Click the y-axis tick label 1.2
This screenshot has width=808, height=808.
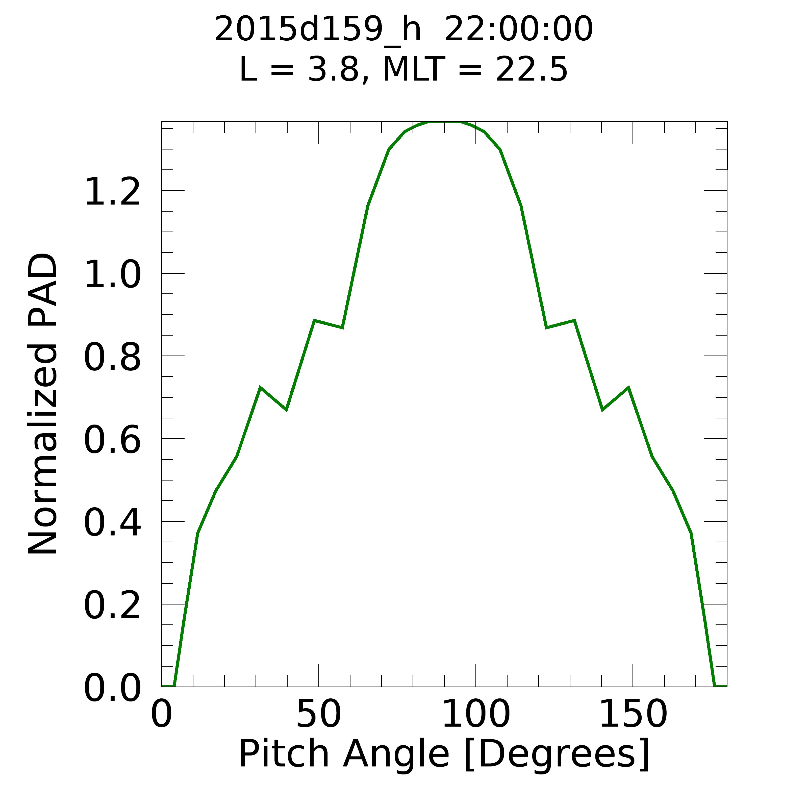click(x=112, y=192)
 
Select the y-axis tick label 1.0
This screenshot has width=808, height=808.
click(x=112, y=275)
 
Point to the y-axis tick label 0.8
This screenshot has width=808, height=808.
click(x=112, y=358)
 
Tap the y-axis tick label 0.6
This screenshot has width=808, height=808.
click(x=112, y=440)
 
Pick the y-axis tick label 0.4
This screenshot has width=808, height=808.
click(x=112, y=523)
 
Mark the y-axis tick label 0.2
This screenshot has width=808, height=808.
click(x=112, y=606)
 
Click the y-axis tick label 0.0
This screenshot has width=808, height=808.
click(x=112, y=689)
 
